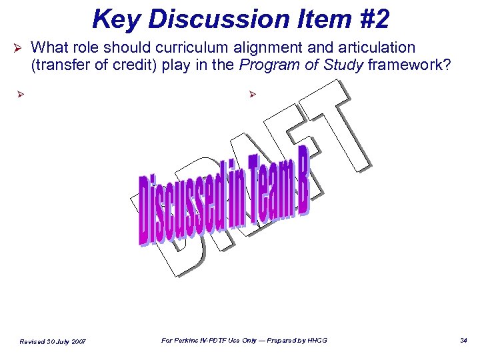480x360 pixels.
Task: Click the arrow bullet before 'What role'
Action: pyautogui.click(x=20, y=49)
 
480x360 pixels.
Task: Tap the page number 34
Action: pyautogui.click(x=464, y=341)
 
